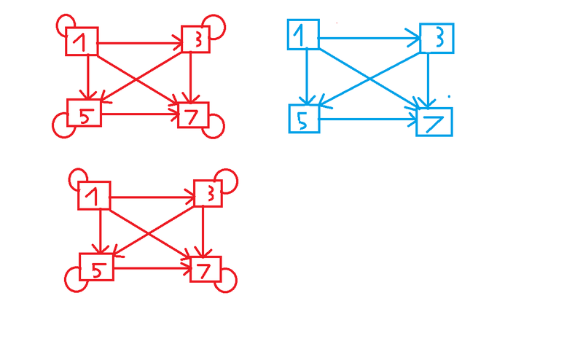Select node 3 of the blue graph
(x=437, y=38)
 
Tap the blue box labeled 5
(x=305, y=119)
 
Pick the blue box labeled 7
(x=434, y=122)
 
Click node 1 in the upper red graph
(x=82, y=42)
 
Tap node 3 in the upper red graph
(x=195, y=39)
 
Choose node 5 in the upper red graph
(x=84, y=112)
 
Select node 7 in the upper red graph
(x=194, y=114)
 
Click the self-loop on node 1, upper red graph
(x=64, y=23)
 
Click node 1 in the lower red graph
(x=94, y=195)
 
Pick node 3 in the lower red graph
(x=208, y=192)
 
